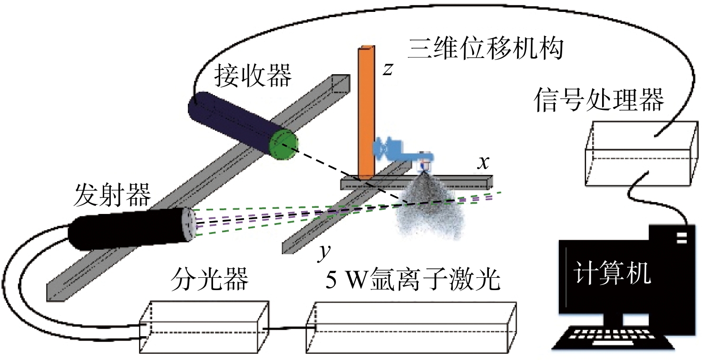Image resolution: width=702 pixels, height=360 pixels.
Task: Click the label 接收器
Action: point(253,76)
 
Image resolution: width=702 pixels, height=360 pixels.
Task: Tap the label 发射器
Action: point(112,195)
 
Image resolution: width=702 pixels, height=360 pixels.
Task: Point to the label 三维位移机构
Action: point(486,49)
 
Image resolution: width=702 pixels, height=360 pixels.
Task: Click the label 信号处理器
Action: point(599,100)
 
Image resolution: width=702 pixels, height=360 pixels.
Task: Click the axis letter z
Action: point(388,69)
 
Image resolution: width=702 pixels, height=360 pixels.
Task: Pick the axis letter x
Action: point(483,163)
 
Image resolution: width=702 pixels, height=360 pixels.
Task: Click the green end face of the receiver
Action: point(283,145)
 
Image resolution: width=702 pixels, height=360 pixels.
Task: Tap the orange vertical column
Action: point(366,113)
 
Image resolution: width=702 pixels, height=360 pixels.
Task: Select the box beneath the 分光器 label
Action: point(204,327)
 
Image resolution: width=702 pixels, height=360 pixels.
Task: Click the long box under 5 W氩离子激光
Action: point(411,328)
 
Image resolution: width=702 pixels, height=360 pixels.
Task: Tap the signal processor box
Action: point(642,154)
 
